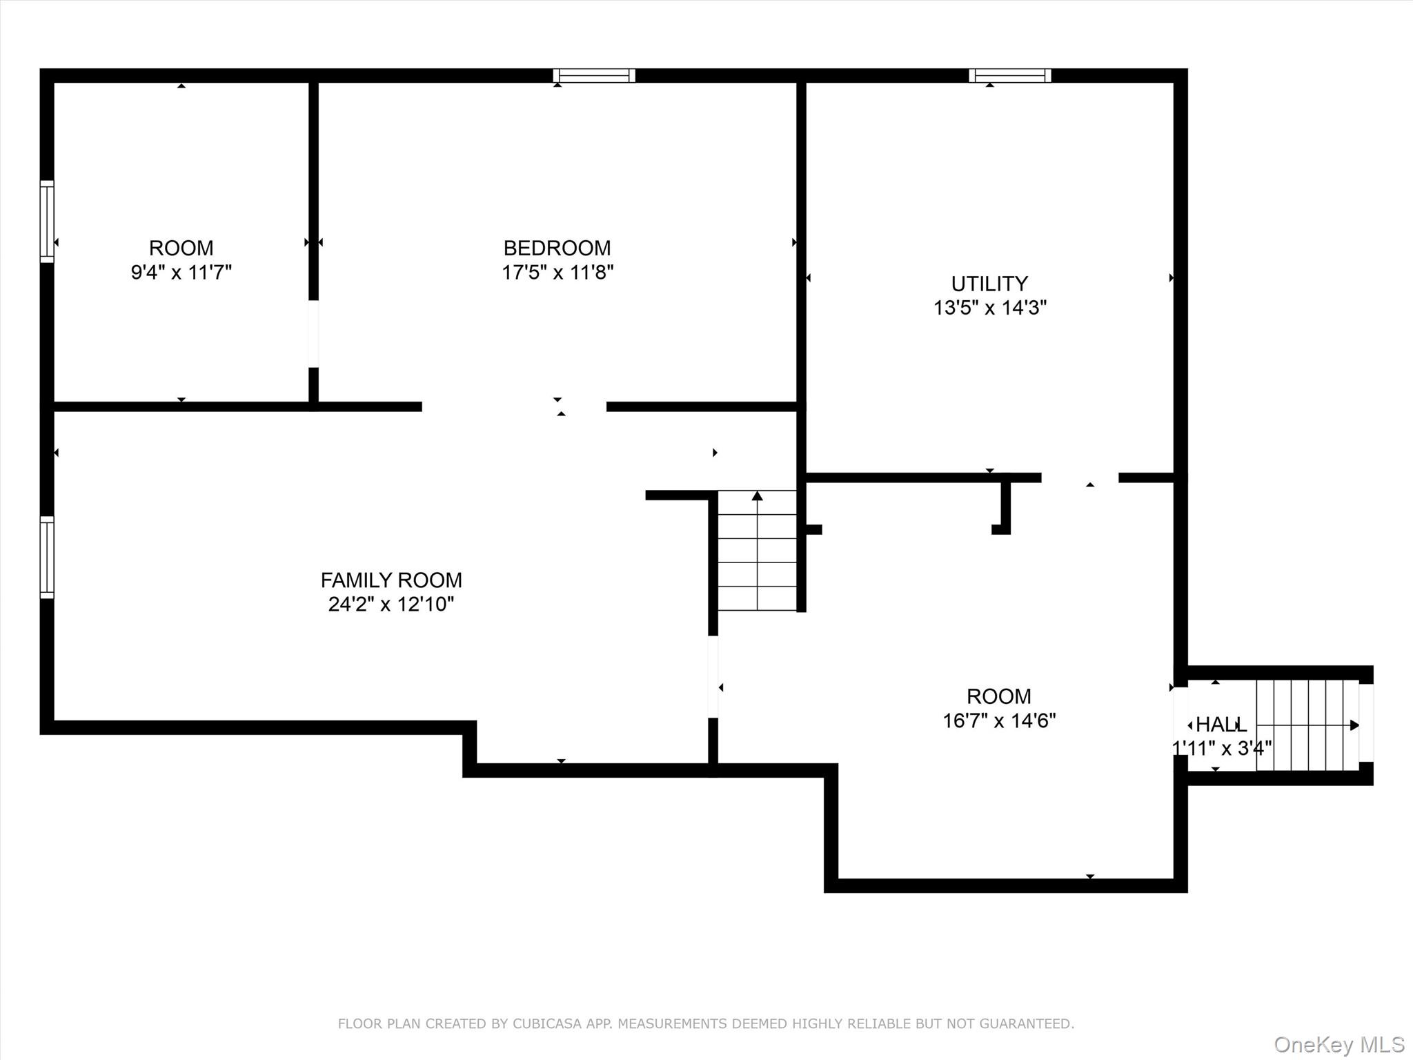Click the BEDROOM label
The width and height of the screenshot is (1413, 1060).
[557, 248]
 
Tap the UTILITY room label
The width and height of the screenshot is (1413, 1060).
[989, 284]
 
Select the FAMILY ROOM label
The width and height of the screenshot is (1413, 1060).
[391, 580]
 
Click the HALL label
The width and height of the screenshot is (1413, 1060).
[1221, 725]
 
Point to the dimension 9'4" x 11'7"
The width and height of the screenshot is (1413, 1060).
[181, 272]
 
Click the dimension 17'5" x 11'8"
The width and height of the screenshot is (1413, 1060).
[557, 272]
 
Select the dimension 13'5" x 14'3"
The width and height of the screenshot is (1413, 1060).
[989, 307]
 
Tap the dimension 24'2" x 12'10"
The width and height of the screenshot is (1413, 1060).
[391, 604]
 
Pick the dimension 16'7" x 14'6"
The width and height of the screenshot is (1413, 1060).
[998, 720]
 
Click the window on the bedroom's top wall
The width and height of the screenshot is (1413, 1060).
[594, 75]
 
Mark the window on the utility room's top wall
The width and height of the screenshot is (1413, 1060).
[1010, 75]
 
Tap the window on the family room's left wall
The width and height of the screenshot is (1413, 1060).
[47, 557]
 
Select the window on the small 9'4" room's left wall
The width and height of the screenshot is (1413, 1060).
[47, 221]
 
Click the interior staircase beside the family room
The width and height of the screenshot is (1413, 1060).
[758, 552]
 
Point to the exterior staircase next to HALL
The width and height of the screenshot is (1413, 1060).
[1306, 725]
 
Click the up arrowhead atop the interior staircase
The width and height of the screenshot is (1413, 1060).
[758, 495]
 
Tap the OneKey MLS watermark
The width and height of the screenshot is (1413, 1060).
[1338, 1045]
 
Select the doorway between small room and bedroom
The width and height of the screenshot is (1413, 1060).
[313, 334]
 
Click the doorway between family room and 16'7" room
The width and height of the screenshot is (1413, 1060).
[713, 676]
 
